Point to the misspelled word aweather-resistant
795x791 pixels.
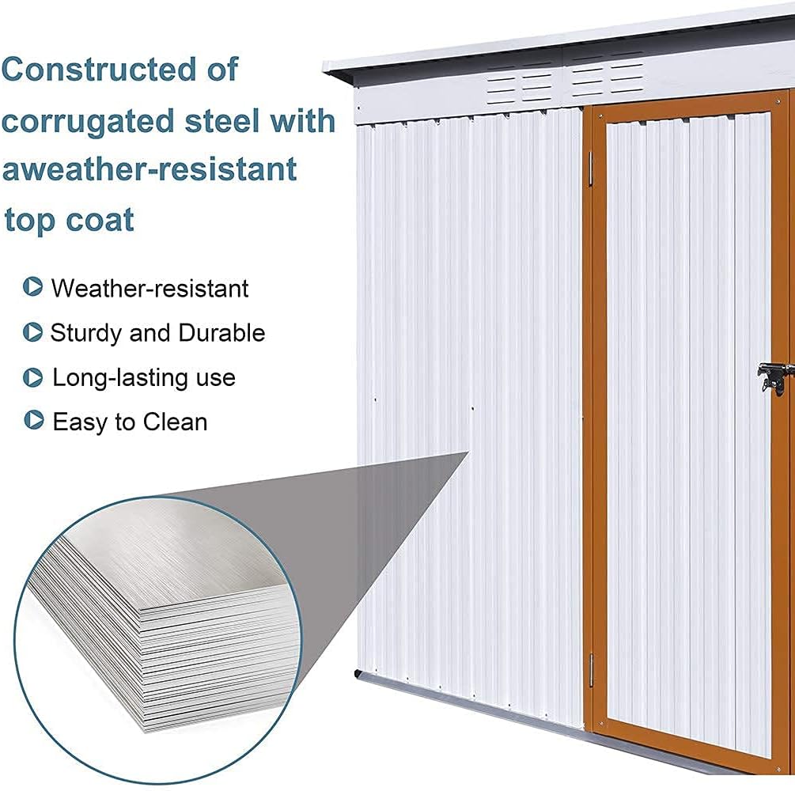150,170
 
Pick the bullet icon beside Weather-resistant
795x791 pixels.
33,287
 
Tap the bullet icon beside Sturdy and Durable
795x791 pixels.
33,332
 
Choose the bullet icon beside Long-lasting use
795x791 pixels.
33,377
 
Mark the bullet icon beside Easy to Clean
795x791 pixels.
33,421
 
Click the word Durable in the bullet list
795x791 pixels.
221,333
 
